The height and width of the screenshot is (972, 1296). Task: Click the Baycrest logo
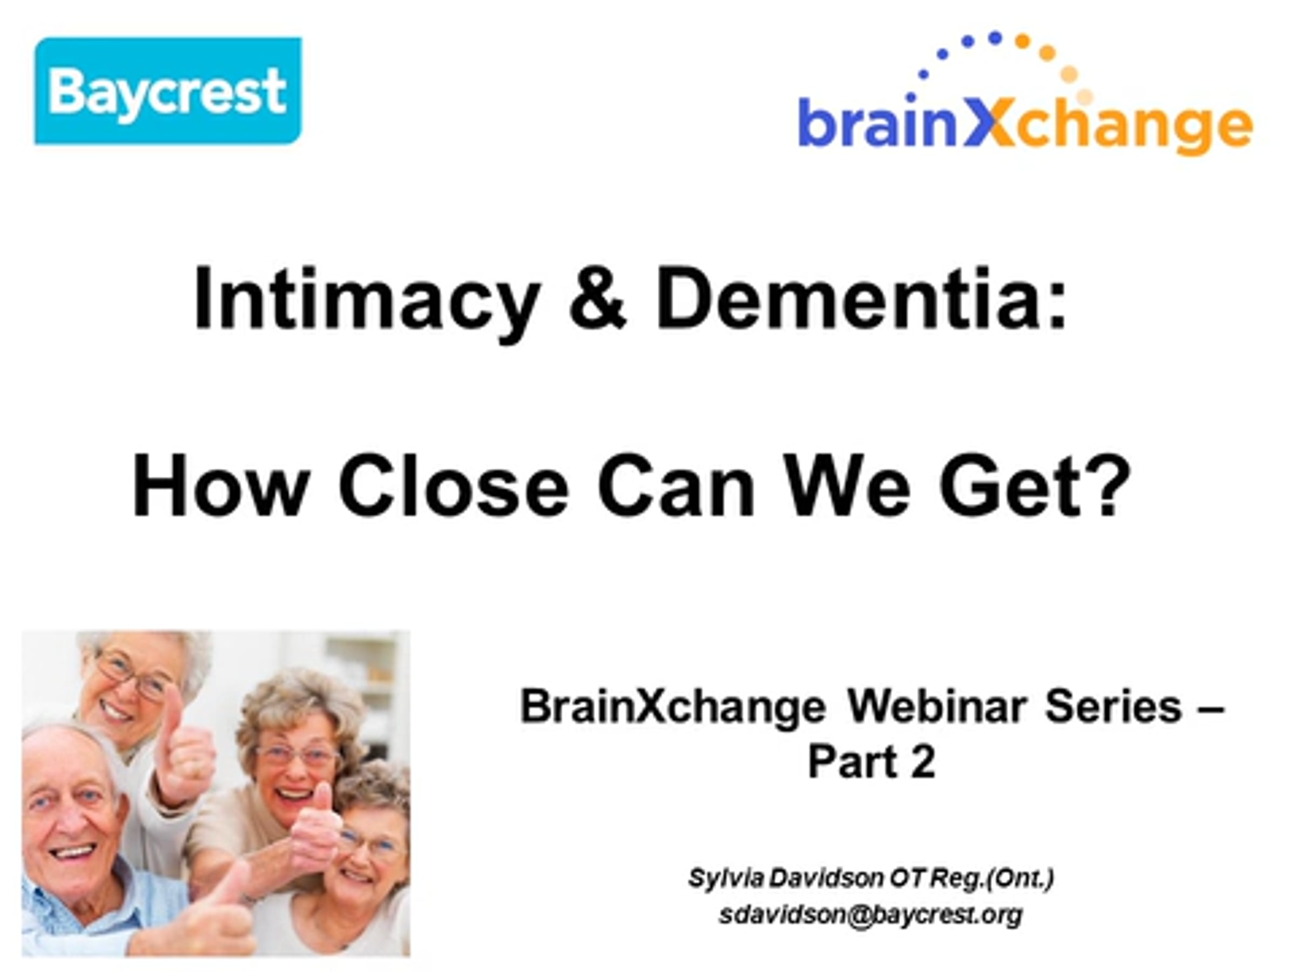(168, 91)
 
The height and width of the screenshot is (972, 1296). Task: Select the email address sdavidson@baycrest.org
(870, 914)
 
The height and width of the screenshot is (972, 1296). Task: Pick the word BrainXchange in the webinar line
(673, 708)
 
